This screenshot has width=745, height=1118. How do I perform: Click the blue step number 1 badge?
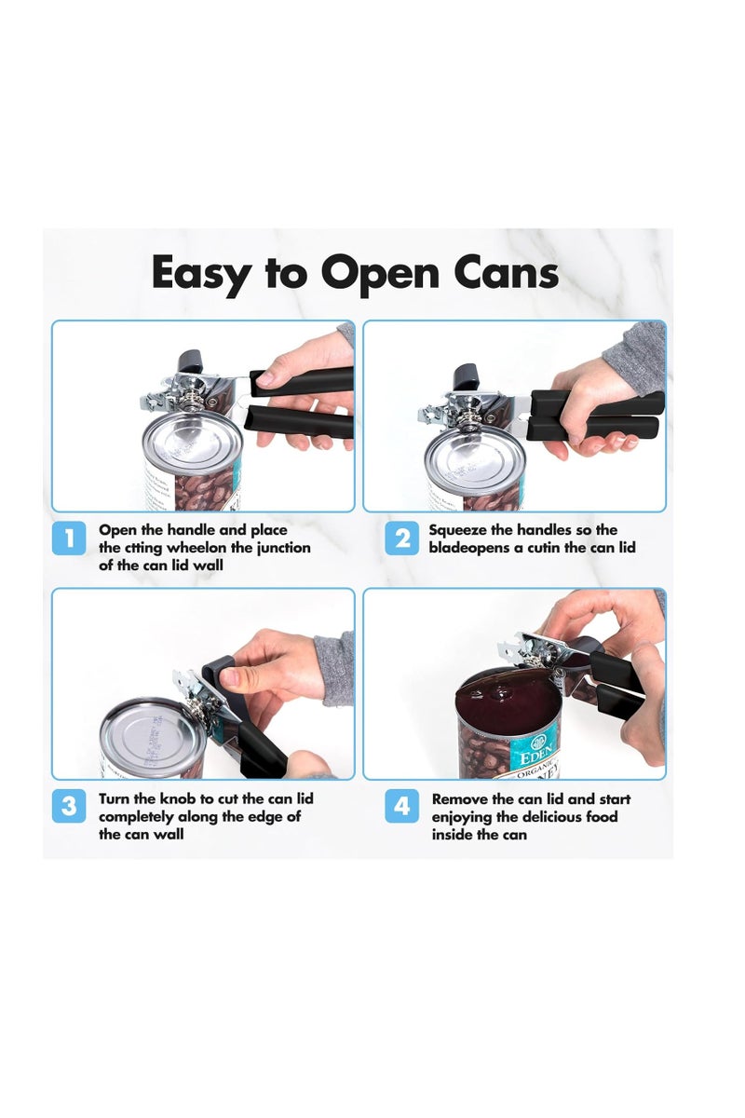pos(68,539)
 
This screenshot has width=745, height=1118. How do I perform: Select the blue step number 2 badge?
pos(402,539)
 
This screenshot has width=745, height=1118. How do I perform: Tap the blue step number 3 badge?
pos(68,806)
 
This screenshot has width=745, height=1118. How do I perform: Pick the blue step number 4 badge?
pos(402,806)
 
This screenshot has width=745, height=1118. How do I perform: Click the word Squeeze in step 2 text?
pos(464,530)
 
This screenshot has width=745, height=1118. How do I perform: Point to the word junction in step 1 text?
pos(278,548)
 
